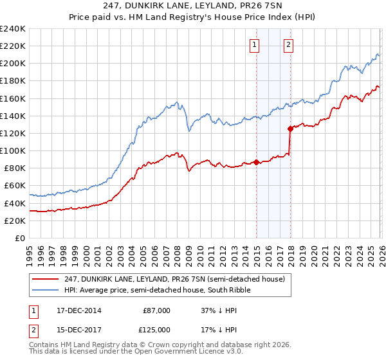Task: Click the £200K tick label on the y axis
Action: pos(12,64)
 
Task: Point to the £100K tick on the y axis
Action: pos(12,150)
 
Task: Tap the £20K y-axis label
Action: pos(14,220)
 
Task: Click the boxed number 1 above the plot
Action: pos(255,45)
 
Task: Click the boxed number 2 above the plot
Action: pos(288,45)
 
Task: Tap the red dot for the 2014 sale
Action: pos(257,162)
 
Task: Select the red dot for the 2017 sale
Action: pos(291,129)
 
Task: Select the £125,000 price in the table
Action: pos(157,330)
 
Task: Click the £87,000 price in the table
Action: pos(157,310)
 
